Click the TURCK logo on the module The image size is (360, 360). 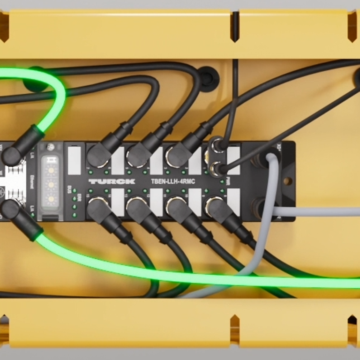coord(112,181)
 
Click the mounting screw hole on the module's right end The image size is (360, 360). coord(287,180)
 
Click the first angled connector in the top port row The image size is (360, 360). coord(99,154)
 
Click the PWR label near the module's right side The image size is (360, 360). coord(227,180)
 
